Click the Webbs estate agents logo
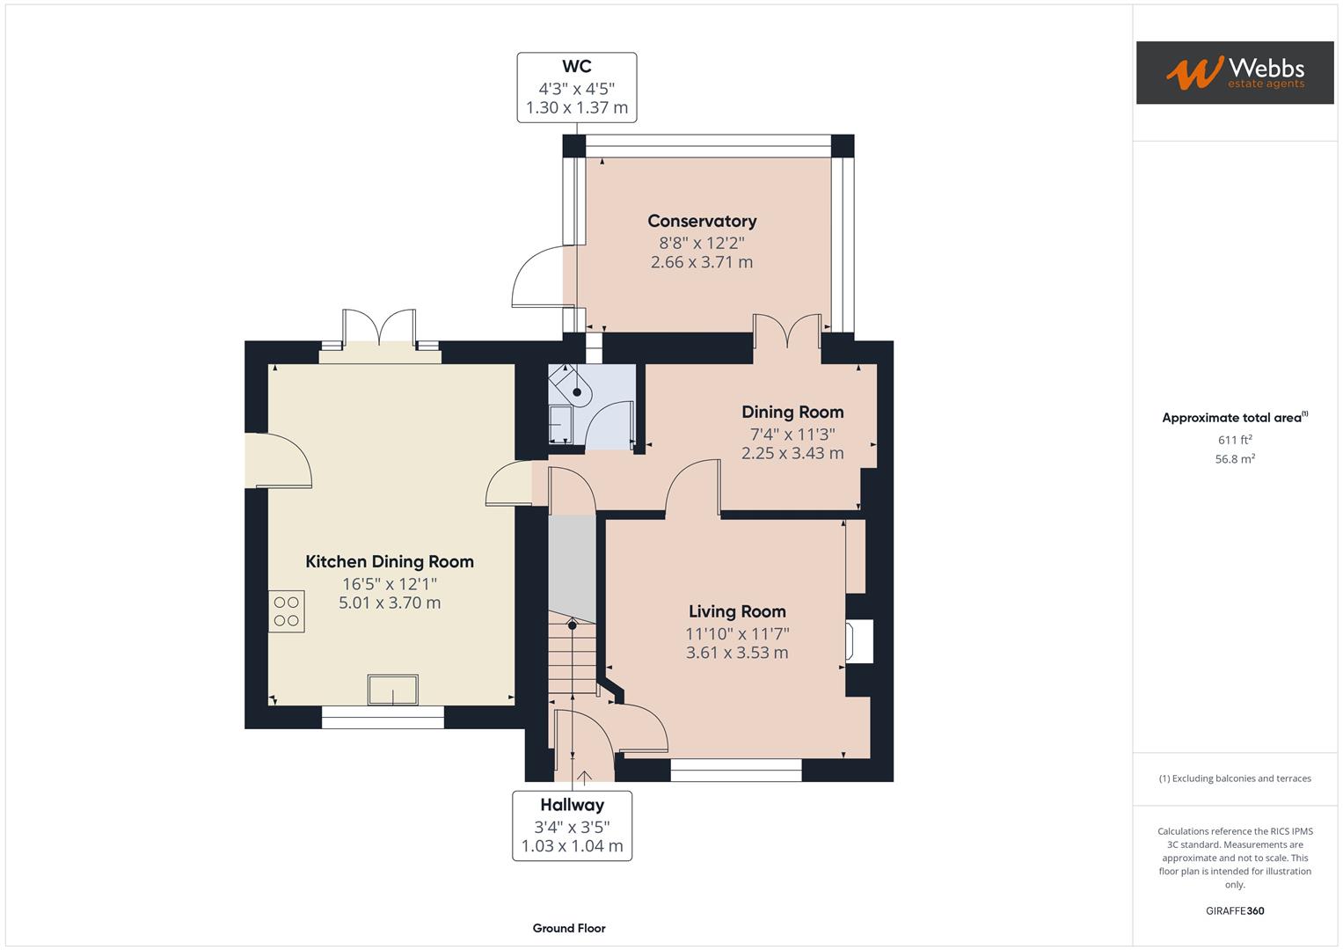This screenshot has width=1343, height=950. click(x=1234, y=72)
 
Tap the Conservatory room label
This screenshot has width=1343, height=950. click(x=702, y=222)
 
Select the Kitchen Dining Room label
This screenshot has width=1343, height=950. click(x=389, y=562)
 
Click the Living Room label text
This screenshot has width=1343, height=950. click(x=737, y=612)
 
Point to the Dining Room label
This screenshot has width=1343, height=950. click(x=792, y=413)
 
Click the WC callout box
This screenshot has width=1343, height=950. click(x=576, y=87)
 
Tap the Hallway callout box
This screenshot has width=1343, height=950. click(x=572, y=825)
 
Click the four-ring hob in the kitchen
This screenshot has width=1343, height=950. click(x=287, y=611)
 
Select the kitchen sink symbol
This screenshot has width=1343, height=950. click(x=392, y=690)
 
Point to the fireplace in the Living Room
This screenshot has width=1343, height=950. click(x=858, y=640)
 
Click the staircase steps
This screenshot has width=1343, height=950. click(x=572, y=660)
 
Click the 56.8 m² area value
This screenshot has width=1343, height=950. click(x=1234, y=459)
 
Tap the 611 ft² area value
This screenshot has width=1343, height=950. click(x=1234, y=440)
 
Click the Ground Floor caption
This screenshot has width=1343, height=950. click(x=569, y=928)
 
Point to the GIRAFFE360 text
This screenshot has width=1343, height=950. click(x=1234, y=910)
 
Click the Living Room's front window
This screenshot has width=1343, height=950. click(x=736, y=771)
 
